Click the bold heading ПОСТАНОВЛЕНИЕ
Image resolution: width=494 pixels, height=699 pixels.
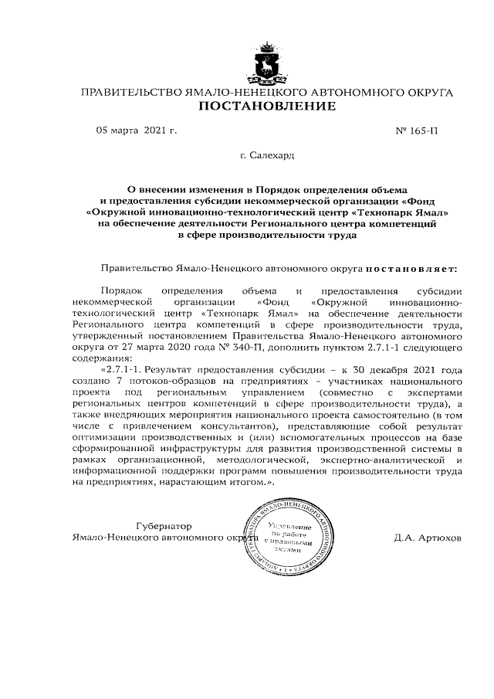(x=268, y=106)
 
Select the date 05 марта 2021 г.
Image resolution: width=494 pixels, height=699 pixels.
(x=136, y=130)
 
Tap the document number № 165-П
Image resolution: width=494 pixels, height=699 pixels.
(x=417, y=130)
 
